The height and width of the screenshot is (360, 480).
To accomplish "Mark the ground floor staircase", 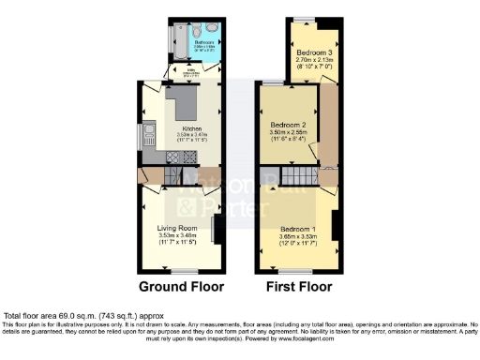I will pyautogui.click(x=172, y=174).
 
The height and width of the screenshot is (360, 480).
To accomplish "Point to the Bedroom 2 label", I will pyautogui.click(x=290, y=125).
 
